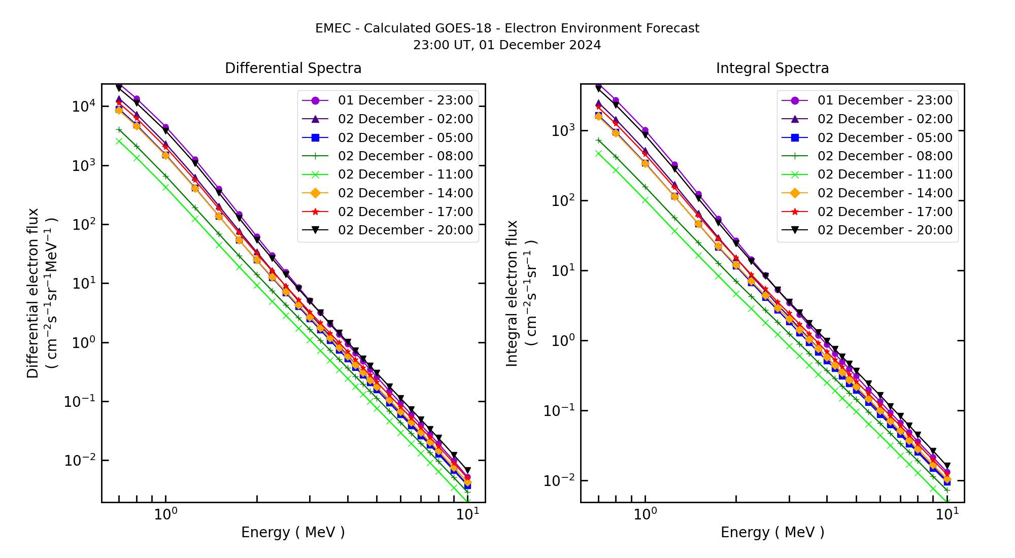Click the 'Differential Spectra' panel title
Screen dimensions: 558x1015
pos(293,68)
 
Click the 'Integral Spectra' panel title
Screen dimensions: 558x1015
pos(772,68)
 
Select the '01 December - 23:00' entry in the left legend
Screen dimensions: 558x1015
pos(405,100)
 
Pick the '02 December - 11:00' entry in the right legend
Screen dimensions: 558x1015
pos(885,175)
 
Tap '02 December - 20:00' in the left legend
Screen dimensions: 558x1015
pos(405,230)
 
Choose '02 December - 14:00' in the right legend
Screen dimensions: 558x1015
pos(885,193)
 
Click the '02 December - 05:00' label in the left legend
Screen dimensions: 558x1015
pos(405,138)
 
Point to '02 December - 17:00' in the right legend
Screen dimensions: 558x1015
pos(885,212)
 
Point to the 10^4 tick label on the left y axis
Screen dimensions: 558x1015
pos(83,107)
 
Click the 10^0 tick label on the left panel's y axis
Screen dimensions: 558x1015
pos(83,342)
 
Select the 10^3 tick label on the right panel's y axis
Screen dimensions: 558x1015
pos(563,130)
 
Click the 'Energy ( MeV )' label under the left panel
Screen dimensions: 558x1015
pos(293,533)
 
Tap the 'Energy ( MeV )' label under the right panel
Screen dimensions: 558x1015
pos(772,533)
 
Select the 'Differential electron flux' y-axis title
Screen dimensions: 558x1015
pos(33,293)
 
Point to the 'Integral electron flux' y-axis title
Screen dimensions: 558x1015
pos(512,293)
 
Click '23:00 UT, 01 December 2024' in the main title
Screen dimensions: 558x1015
pos(507,45)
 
